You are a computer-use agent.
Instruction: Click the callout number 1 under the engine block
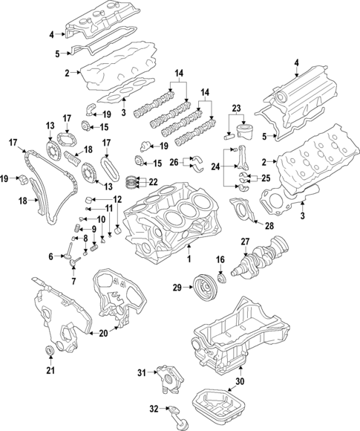[189, 259]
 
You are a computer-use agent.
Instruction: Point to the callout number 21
[50, 370]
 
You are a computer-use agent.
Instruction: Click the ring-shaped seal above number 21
[50, 351]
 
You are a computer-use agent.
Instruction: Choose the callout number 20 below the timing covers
[103, 335]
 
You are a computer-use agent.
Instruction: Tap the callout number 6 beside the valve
[51, 256]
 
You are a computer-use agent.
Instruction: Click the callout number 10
[100, 220]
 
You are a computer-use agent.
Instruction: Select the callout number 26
[174, 161]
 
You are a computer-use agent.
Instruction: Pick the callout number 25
[265, 179]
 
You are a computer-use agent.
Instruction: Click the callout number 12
[117, 199]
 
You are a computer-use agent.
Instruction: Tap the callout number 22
[153, 182]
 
